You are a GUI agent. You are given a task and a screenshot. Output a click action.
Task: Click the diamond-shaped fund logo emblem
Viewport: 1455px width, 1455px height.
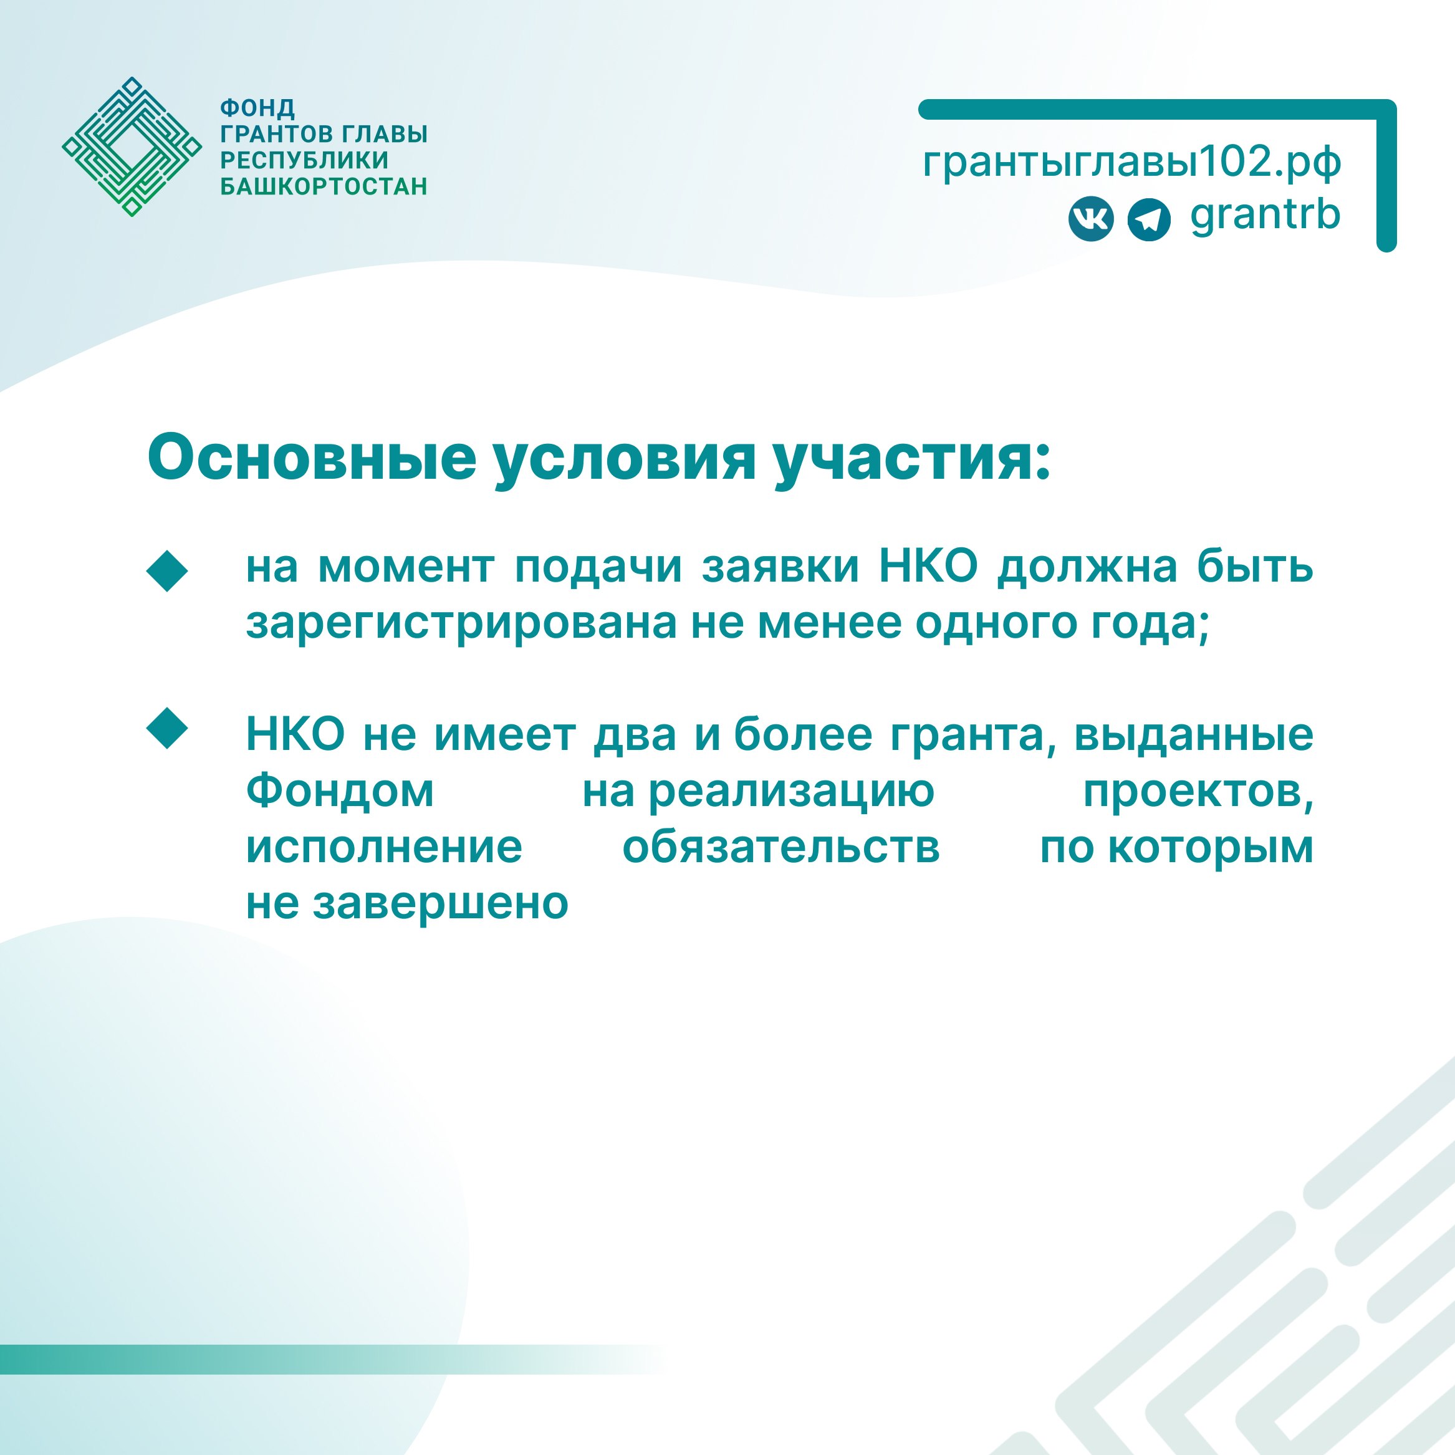[x=132, y=147]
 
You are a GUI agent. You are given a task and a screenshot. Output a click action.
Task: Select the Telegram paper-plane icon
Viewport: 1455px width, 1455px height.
[x=1148, y=220]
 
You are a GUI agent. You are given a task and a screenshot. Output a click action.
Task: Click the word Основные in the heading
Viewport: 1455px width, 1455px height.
[x=312, y=457]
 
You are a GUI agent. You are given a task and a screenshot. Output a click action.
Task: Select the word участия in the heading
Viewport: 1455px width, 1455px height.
[x=911, y=459]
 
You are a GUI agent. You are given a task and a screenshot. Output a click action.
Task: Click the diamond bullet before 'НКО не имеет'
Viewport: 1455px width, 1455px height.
[x=167, y=728]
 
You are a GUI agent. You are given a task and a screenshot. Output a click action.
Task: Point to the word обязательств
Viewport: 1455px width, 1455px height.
[x=781, y=847]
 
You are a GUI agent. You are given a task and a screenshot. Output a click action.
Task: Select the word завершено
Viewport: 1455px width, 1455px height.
[x=441, y=904]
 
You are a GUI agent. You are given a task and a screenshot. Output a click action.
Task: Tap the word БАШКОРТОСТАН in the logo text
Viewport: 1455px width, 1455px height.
[x=324, y=186]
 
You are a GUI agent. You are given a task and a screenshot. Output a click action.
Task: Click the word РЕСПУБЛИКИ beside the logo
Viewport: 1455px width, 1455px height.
[x=304, y=160]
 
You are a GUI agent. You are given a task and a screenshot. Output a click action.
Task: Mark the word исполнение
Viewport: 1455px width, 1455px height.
[x=384, y=847]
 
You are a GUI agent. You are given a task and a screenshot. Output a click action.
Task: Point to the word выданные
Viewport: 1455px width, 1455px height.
[x=1194, y=735]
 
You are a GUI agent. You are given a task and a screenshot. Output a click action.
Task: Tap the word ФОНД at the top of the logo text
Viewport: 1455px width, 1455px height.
[x=257, y=108]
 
